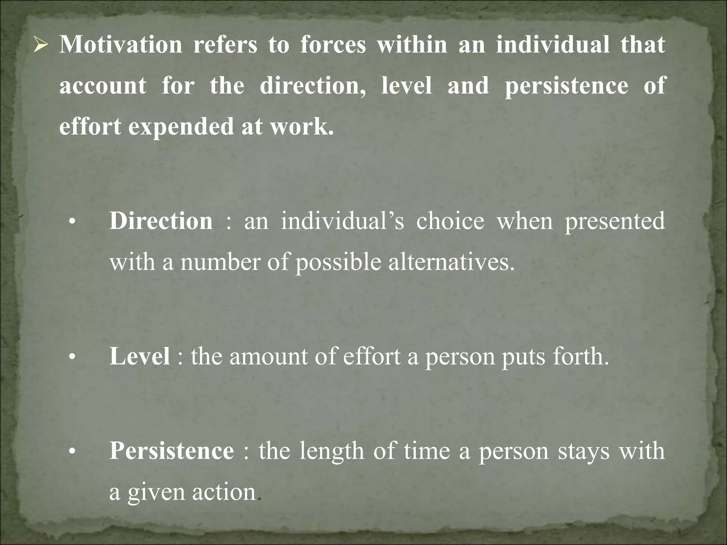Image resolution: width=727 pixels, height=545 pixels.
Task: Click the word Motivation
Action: pos(121,45)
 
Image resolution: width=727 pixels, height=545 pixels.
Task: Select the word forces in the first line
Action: pos(333,45)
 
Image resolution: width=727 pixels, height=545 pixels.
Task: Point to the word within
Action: pos(412,45)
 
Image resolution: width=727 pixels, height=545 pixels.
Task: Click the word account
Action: pos(103,86)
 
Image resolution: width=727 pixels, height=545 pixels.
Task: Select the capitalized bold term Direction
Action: pos(161,221)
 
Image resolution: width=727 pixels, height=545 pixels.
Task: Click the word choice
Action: pos(450,221)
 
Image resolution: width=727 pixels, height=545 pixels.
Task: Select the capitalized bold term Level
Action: pos(140,356)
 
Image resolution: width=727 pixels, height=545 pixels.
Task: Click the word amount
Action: pos(268,356)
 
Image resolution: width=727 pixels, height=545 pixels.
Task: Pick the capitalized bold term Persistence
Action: pos(171,451)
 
